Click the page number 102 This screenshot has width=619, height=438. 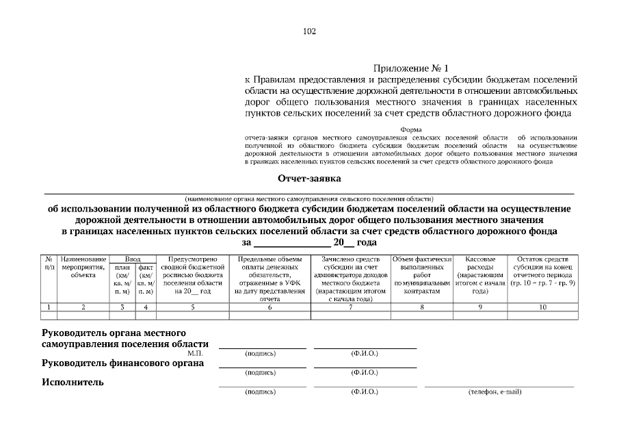point(309,31)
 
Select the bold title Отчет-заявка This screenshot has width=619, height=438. point(309,179)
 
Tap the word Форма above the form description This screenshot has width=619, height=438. point(410,129)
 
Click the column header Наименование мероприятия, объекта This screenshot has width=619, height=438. point(83,268)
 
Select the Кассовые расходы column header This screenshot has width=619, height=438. point(479,276)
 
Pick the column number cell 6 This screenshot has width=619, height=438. point(270,307)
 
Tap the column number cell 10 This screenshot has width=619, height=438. point(542,307)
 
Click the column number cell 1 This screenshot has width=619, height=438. point(49,307)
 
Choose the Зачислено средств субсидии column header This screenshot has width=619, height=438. point(350,279)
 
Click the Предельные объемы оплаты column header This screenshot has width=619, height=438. point(270,279)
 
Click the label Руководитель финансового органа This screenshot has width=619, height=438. point(123,363)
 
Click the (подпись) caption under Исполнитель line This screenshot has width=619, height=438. point(260,392)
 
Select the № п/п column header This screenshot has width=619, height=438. point(49,263)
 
